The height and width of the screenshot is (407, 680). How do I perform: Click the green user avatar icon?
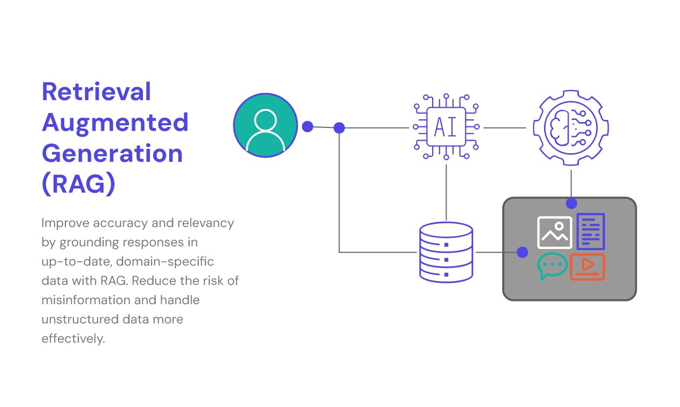pos(266,125)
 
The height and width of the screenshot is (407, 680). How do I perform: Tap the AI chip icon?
pos(446,127)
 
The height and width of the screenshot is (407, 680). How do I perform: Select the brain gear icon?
pos(571,128)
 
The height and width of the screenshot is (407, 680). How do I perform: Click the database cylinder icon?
pos(446,252)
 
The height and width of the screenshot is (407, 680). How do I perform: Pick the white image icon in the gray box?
pos(554,232)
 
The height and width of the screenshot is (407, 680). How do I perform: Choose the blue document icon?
pos(591,231)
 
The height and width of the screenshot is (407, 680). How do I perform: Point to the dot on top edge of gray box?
pos(571,204)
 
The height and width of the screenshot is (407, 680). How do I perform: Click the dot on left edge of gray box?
pos(523,252)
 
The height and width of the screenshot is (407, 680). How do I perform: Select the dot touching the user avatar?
pos(307,126)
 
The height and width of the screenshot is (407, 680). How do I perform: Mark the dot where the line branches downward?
pos(339,128)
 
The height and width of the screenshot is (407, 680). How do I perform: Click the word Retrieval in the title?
pos(96,92)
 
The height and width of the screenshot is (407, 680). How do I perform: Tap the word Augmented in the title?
pos(115,123)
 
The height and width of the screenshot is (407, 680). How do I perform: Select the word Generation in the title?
pos(112,154)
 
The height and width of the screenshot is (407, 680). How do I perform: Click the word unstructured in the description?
pos(80,319)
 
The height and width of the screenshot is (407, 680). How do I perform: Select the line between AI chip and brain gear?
pos(504,128)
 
